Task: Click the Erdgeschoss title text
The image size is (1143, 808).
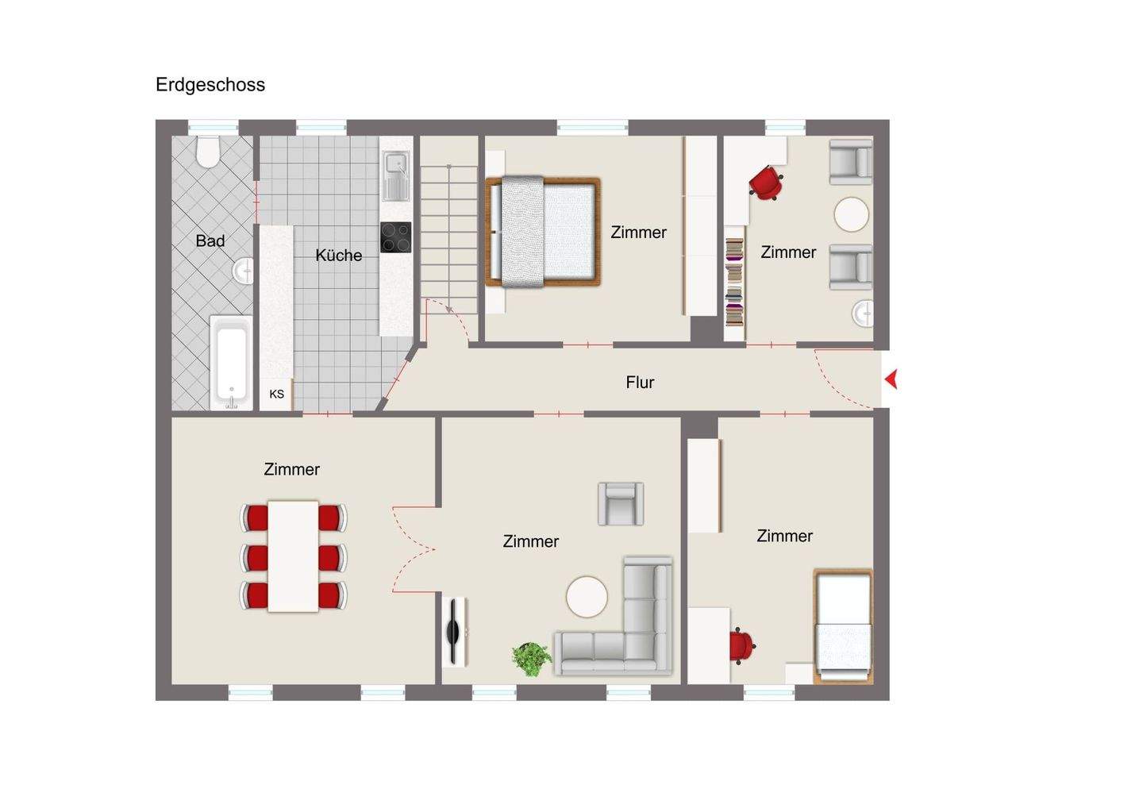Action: pos(210,85)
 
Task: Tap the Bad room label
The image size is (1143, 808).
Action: pos(210,240)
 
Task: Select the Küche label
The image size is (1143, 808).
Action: pos(338,256)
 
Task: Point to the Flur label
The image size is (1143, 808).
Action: pos(640,383)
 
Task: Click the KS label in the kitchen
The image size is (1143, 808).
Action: pos(276,394)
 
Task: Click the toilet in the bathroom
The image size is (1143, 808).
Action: pos(208,151)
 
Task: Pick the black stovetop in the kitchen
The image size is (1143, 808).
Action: pos(395,237)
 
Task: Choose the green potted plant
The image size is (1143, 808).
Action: pos(531,658)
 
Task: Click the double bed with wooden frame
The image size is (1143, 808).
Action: pos(543,231)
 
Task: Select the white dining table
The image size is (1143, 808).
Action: pos(293,556)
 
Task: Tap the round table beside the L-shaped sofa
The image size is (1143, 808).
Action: pos(587,597)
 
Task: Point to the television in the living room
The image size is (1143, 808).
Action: pos(454,632)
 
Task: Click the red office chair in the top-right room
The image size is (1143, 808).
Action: pos(766,183)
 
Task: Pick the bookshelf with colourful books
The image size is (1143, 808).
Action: pos(734,282)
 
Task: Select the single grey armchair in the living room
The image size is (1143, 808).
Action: pos(620,503)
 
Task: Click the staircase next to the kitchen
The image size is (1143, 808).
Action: pos(448,230)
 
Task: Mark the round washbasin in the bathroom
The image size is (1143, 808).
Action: pos(244,272)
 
